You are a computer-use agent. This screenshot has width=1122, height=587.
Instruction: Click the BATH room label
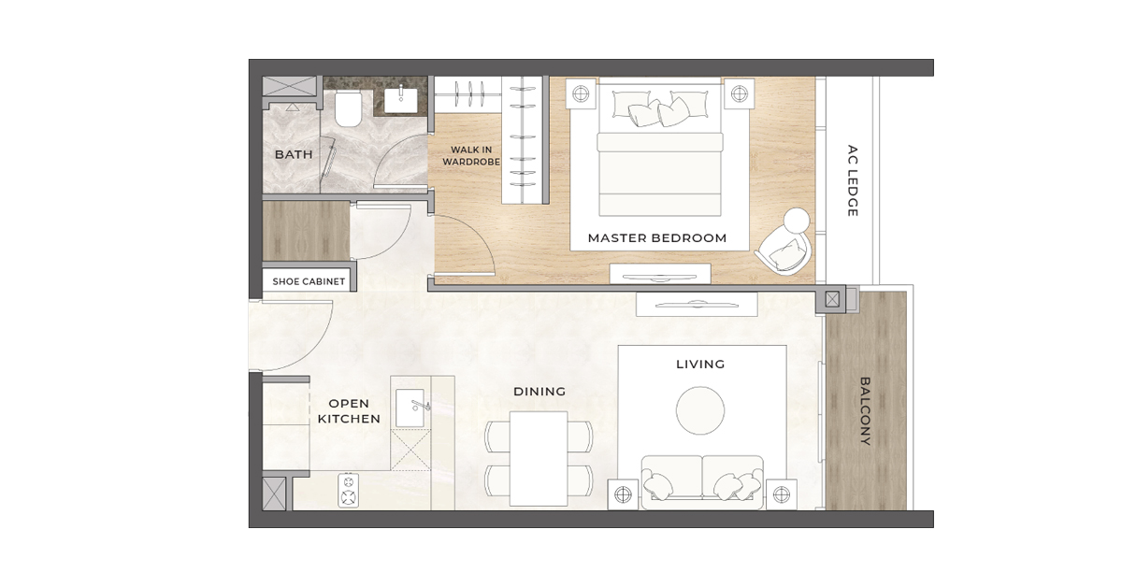click(293, 154)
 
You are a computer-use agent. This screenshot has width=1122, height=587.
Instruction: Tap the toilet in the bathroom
click(348, 109)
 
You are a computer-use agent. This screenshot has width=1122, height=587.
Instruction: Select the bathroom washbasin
click(402, 98)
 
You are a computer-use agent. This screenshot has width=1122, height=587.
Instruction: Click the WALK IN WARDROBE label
click(471, 155)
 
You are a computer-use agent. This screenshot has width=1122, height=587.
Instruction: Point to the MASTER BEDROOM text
click(656, 238)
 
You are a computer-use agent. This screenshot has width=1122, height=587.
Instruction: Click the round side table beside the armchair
click(796, 222)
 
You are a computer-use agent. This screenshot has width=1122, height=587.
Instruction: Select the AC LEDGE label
click(852, 180)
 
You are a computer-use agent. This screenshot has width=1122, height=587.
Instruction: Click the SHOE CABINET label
click(309, 281)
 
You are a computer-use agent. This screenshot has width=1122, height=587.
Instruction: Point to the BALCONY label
click(865, 411)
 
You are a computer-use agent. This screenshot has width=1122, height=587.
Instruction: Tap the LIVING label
click(700, 365)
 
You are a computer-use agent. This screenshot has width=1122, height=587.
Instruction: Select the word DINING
click(539, 393)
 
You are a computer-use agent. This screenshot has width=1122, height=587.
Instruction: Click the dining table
click(539, 458)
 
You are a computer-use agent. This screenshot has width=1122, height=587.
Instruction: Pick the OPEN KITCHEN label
click(349, 411)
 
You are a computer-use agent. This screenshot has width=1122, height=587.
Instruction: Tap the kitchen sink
click(412, 408)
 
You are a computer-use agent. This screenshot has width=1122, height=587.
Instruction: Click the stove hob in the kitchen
click(349, 490)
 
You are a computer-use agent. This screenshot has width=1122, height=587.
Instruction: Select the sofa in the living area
click(701, 482)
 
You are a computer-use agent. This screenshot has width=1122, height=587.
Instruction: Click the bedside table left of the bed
click(580, 93)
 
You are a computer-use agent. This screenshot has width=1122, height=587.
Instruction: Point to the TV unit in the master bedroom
click(659, 275)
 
